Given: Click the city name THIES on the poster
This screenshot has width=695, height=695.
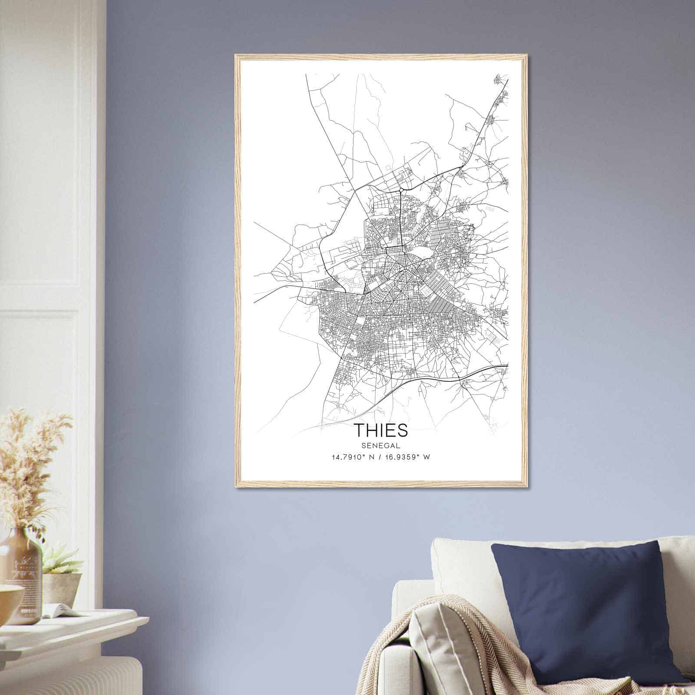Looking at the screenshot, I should pyautogui.click(x=382, y=430).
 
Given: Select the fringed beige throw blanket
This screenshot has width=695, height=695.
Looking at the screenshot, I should pyautogui.click(x=456, y=652).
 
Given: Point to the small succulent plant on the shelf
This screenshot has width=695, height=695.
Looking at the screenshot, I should pyautogui.click(x=61, y=560).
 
